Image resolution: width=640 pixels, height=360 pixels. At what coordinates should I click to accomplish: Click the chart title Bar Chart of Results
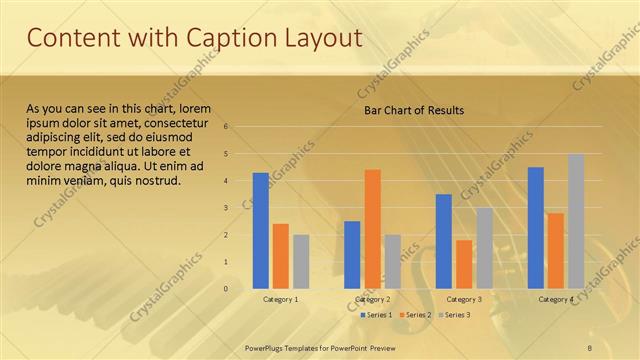point(413,110)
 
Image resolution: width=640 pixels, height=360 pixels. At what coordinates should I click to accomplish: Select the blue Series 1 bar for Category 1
point(260,230)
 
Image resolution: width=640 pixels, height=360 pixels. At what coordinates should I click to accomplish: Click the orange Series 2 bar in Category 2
point(372,228)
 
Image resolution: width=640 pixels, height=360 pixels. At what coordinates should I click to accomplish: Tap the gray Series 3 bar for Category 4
point(576,221)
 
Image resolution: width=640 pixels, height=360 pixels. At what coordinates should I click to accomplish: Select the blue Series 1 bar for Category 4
point(535,227)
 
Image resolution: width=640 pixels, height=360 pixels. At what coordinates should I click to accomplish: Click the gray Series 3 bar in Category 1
point(301,261)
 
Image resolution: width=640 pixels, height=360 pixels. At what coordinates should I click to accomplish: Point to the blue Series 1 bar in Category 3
point(443,241)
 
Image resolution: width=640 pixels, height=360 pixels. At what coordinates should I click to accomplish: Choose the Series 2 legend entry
point(415,315)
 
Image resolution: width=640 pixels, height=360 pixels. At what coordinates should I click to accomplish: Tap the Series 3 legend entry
point(456,315)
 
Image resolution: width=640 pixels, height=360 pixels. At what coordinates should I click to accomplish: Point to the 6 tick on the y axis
point(227,127)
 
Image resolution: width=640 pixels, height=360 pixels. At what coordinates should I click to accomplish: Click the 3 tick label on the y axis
point(227,208)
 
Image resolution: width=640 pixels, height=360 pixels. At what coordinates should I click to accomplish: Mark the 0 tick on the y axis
point(227,289)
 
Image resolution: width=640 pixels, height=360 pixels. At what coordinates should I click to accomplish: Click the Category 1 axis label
point(280,299)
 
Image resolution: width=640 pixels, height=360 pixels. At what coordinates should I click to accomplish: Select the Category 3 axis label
point(464,299)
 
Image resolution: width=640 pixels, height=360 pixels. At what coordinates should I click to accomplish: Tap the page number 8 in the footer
point(591,346)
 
